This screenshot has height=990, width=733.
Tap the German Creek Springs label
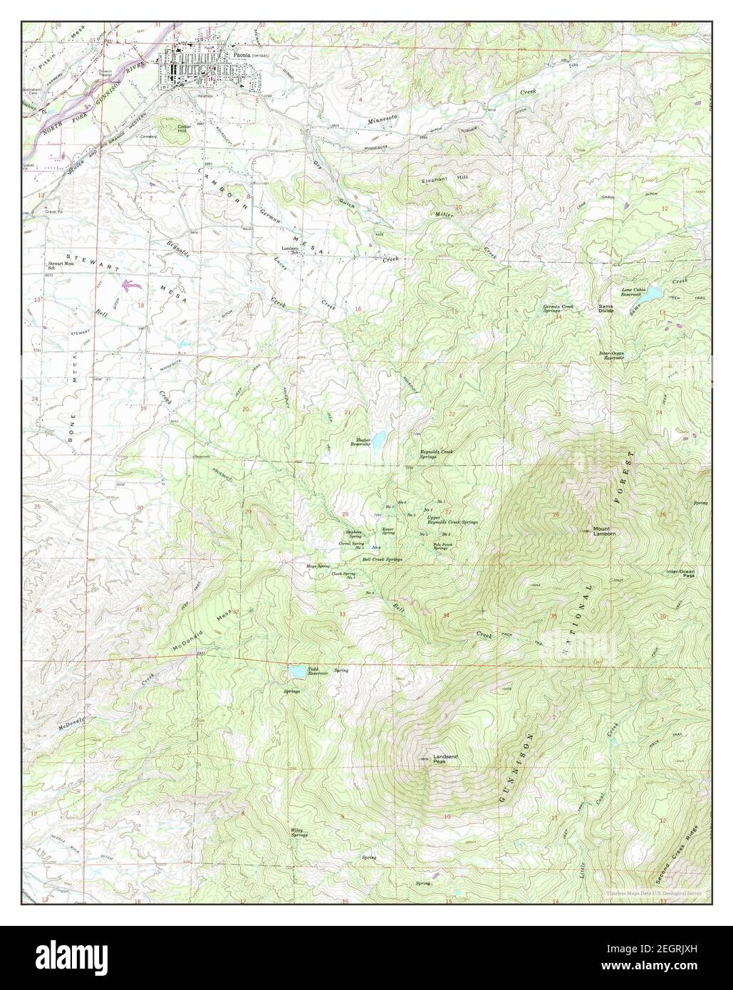558,309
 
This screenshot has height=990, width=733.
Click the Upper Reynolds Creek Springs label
446,521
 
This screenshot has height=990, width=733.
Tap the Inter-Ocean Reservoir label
611,356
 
